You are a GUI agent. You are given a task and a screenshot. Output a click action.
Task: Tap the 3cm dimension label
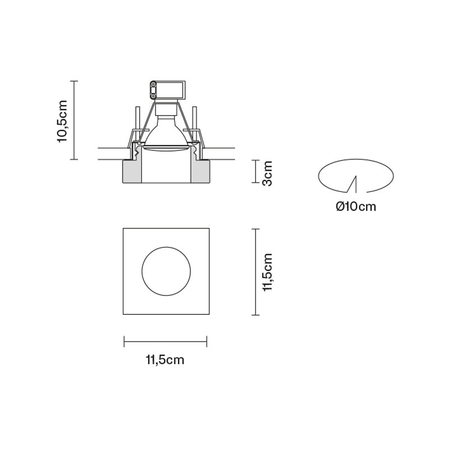coord(268,173)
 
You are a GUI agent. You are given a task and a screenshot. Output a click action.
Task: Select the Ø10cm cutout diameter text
coord(356,207)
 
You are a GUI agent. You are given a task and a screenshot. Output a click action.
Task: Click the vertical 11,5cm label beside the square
coord(268,272)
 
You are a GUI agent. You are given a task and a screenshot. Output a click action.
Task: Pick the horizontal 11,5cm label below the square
coord(165,360)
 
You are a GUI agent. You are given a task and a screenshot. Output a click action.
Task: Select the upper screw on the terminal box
coord(153,85)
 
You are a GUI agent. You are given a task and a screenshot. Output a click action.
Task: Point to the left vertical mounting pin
coord(136,119)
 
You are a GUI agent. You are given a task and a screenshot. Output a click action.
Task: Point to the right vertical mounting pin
coord(195,119)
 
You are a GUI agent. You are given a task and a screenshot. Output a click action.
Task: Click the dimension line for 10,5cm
coord(76,120)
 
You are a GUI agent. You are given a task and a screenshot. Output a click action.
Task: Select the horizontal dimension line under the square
coord(166,340)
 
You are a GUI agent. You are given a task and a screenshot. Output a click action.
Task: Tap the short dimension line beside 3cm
coord(256,173)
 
